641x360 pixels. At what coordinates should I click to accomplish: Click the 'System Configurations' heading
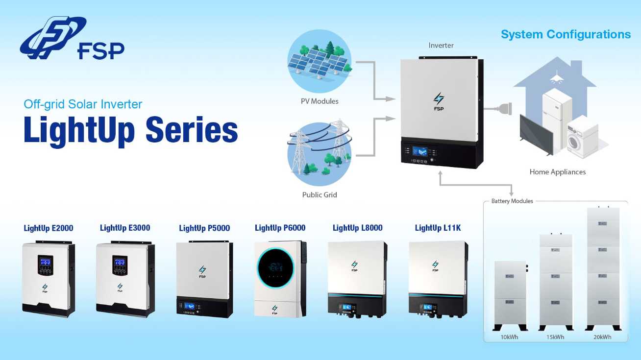pyautogui.click(x=566, y=34)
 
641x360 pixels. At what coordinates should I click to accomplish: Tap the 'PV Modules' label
pyautogui.click(x=320, y=101)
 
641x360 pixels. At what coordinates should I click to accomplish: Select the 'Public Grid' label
pyautogui.click(x=320, y=195)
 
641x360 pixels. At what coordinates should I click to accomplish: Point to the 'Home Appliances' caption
pyautogui.click(x=557, y=172)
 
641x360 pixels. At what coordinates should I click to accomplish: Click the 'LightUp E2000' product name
pyautogui.click(x=49, y=228)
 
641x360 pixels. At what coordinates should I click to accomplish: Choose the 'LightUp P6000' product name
pyautogui.click(x=280, y=228)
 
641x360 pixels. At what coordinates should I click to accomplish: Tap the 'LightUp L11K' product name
pyautogui.click(x=438, y=228)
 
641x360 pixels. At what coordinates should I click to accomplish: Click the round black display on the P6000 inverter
pyautogui.click(x=275, y=268)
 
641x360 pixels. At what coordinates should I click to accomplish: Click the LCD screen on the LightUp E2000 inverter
pyautogui.click(x=45, y=262)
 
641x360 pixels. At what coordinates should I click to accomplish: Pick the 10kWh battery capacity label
pyautogui.click(x=509, y=337)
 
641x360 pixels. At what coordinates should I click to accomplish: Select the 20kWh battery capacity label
pyautogui.click(x=602, y=337)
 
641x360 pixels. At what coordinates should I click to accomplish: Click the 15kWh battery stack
pyautogui.click(x=556, y=282)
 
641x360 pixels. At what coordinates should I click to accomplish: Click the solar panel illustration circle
pyautogui.click(x=320, y=61)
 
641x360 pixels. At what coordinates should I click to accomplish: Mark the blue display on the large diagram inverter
pyautogui.click(x=420, y=151)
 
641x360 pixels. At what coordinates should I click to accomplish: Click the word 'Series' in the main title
pyautogui.click(x=192, y=130)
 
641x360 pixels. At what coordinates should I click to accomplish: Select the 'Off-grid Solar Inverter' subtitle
pyautogui.click(x=83, y=104)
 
